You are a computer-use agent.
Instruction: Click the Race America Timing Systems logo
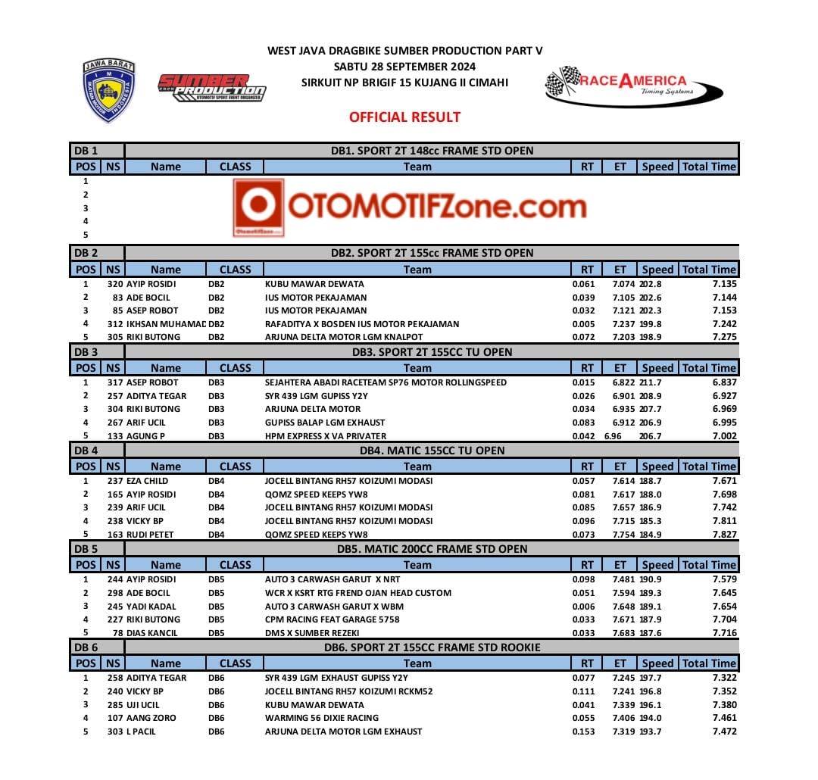tap(626, 86)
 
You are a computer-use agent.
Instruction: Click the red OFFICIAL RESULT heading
tap(404, 117)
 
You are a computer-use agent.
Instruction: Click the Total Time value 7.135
tap(724, 284)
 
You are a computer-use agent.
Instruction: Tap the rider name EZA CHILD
tap(147, 481)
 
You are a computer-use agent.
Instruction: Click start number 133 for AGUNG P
tap(115, 435)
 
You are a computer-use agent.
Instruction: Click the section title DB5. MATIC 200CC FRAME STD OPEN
tap(432, 549)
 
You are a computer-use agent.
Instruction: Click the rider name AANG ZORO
tap(151, 718)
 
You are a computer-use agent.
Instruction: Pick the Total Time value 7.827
tap(724, 535)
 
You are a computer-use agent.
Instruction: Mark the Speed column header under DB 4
tap(657, 466)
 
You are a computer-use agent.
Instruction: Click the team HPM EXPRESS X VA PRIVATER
tap(326, 435)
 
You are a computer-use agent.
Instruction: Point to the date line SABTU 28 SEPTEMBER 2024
tap(404, 67)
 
